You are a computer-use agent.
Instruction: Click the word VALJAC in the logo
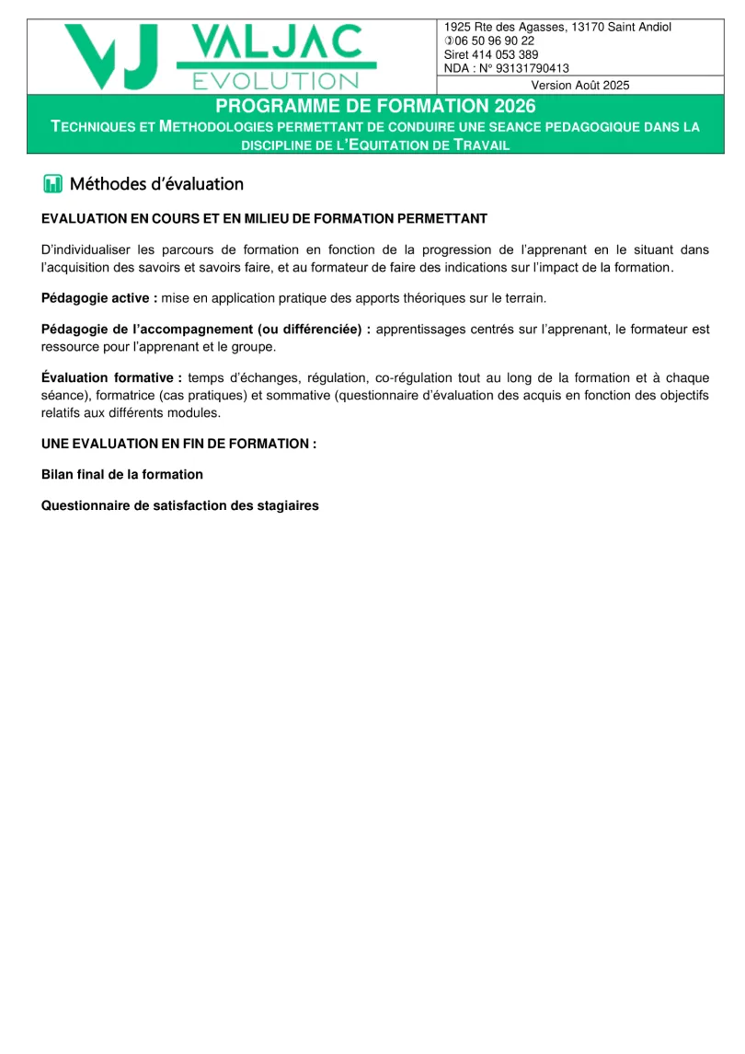pos(276,42)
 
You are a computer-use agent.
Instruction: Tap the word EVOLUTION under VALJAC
pos(275,81)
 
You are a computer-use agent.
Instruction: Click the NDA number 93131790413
pos(526,68)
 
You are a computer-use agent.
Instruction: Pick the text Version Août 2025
pos(580,85)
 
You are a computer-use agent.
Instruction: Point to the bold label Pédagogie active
pos(99,298)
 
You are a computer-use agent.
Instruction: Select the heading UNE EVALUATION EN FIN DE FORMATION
pos(178,443)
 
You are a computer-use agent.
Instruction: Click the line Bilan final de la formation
pos(121,474)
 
